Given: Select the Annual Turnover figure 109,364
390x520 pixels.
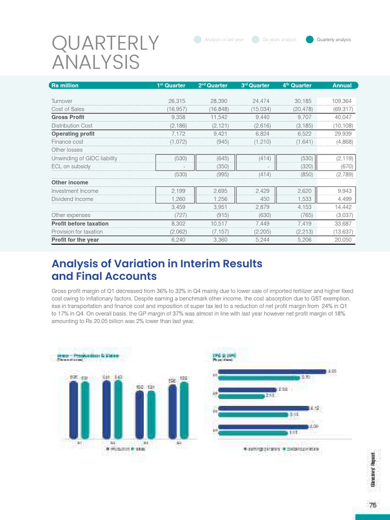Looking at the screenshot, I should [341, 101].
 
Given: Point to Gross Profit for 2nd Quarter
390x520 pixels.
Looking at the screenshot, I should [218, 117].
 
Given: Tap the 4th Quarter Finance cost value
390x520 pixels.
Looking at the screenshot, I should [305, 142].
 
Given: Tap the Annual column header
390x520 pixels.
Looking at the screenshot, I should [342, 85].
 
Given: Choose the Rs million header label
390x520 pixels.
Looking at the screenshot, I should [65, 85].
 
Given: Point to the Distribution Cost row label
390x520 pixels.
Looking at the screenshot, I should [72, 125].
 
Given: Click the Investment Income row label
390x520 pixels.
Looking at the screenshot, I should [75, 191].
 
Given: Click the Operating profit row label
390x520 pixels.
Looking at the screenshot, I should [73, 134].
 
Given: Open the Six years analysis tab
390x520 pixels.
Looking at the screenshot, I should [279, 40].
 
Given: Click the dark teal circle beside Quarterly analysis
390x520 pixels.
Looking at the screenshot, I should [309, 40].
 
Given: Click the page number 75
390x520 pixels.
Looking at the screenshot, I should [373, 505].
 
